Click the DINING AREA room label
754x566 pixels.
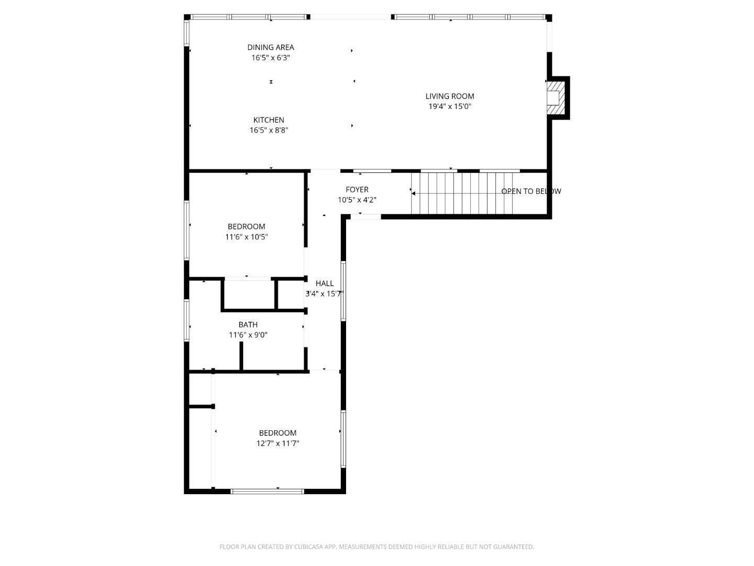coord(271,47)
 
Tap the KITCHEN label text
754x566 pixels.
coord(269,120)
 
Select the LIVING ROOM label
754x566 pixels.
coord(450,96)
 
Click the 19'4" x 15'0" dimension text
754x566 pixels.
coord(450,106)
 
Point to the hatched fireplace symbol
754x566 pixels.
coord(557,98)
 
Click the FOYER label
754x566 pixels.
coord(357,190)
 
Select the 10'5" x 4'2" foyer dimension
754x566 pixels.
coord(357,200)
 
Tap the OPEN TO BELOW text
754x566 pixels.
coord(531,191)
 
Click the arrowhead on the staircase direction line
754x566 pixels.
coord(413,193)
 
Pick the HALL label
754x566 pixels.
coord(325,284)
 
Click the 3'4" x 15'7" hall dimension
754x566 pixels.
coord(324,294)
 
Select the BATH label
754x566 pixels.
coord(248,325)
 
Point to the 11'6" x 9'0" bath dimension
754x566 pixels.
coord(248,335)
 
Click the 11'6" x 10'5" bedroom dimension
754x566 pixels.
coord(246,237)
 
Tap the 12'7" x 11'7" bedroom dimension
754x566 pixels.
coord(278,443)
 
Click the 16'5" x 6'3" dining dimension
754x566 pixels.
coord(271,58)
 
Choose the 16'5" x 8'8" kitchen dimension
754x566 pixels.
coord(269,130)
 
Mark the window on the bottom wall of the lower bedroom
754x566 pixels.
coord(268,491)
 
